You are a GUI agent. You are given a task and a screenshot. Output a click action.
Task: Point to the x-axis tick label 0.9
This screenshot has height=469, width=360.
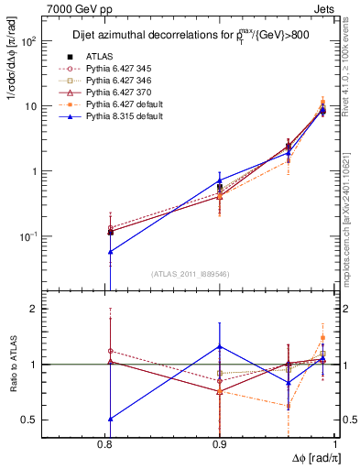(x=220, y=443)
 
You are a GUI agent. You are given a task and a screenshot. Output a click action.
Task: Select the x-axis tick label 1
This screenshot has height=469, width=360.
(x=334, y=443)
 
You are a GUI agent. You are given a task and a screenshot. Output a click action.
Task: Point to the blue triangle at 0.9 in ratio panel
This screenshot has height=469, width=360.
(x=220, y=346)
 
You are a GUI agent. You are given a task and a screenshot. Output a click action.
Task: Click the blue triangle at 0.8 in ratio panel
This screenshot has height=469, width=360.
(x=110, y=419)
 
